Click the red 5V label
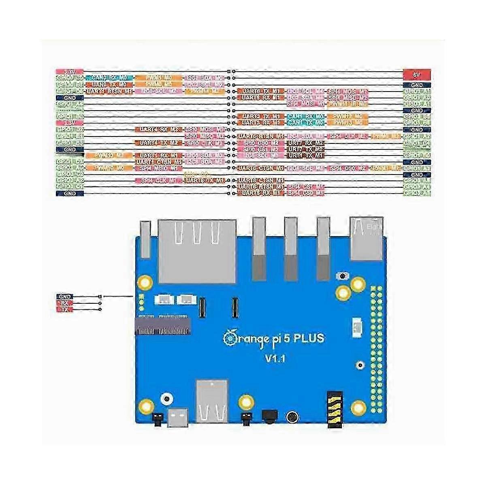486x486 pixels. [417, 75]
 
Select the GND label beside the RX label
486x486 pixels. [65, 297]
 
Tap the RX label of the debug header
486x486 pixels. [65, 303]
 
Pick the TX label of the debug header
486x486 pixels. [65, 310]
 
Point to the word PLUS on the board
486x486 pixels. [305, 337]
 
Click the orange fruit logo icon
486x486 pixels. [229, 337]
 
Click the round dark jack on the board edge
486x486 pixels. [292, 417]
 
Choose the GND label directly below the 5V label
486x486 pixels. [417, 85]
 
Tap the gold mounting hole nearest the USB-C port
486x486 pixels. [146, 405]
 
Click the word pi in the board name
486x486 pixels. [264, 338]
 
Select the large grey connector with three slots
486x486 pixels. [197, 251]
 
